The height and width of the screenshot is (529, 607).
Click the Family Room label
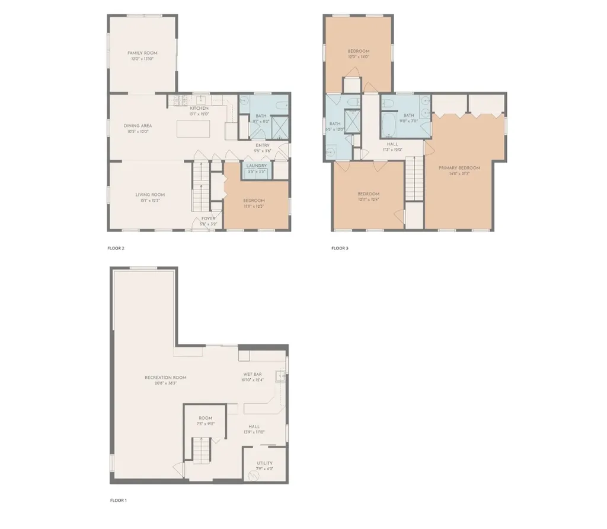142,53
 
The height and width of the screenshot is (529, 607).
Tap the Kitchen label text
199,109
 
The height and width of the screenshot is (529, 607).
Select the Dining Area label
138,126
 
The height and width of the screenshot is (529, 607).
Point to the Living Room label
149,195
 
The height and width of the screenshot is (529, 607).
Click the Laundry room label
257,166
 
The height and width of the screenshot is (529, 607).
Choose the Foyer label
208,218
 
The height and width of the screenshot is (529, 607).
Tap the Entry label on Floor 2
262,145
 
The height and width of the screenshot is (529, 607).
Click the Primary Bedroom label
459,168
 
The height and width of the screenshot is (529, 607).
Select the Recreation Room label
165,378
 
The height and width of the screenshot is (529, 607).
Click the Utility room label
264,463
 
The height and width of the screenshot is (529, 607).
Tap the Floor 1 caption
118,501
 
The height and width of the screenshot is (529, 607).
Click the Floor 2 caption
116,248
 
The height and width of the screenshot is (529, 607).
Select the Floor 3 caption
340,248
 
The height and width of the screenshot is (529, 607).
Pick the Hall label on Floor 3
392,144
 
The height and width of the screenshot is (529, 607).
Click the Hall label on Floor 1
254,426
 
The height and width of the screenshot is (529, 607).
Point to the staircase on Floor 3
414,182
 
